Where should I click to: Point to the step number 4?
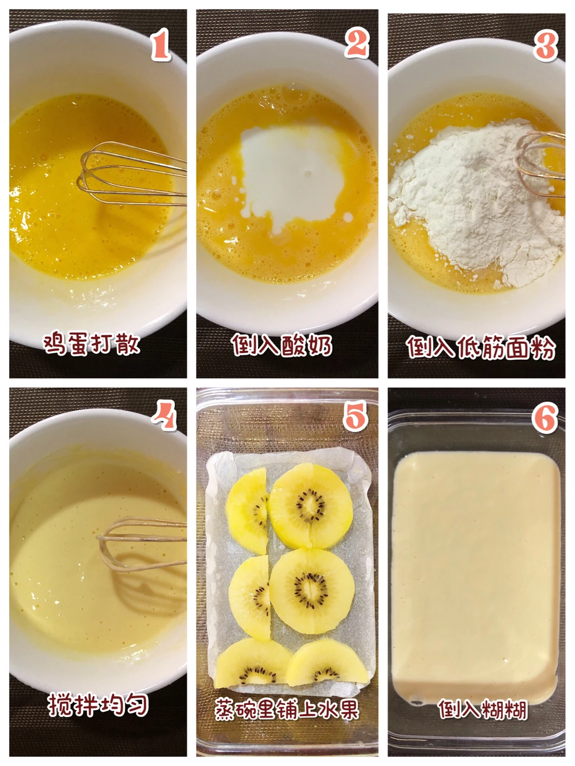point(165,415)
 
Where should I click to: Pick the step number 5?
point(355,416)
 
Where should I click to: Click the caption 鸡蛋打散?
point(92,344)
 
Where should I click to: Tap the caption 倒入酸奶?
point(282,345)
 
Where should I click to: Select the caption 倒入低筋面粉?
point(481,347)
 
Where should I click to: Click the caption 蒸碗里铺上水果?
point(287,709)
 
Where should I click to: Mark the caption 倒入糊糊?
point(482,709)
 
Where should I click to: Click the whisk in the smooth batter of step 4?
point(141,545)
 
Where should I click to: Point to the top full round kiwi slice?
point(310,506)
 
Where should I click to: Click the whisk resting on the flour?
point(541,164)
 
